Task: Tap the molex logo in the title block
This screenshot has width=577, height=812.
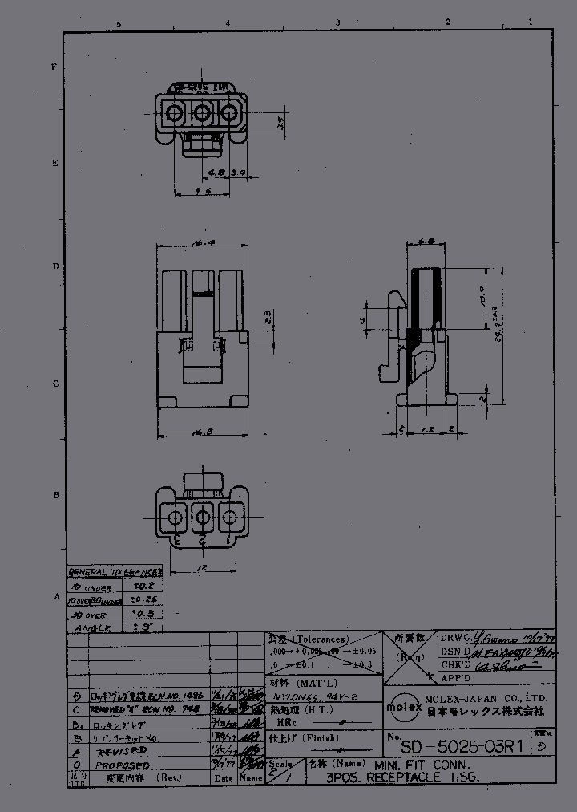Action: [400, 707]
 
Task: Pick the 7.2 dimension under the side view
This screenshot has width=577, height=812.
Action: [427, 430]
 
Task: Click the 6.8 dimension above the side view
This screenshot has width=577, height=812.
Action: [426, 240]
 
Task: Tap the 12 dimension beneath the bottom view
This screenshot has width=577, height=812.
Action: [196, 567]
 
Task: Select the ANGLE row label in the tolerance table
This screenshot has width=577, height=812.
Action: [93, 628]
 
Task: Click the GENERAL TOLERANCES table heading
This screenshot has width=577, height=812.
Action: [115, 572]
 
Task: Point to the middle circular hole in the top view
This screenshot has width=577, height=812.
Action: [202, 113]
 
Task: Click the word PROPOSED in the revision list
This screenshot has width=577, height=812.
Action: [119, 766]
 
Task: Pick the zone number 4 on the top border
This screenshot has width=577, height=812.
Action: [228, 23]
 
